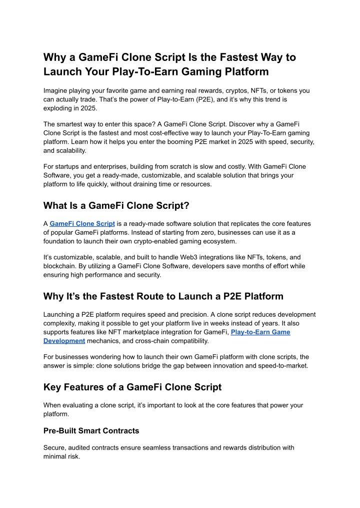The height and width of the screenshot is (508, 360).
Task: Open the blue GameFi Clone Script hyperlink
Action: click(82, 223)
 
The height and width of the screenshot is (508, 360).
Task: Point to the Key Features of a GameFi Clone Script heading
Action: click(132, 387)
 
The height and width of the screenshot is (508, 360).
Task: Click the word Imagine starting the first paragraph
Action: click(58, 91)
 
